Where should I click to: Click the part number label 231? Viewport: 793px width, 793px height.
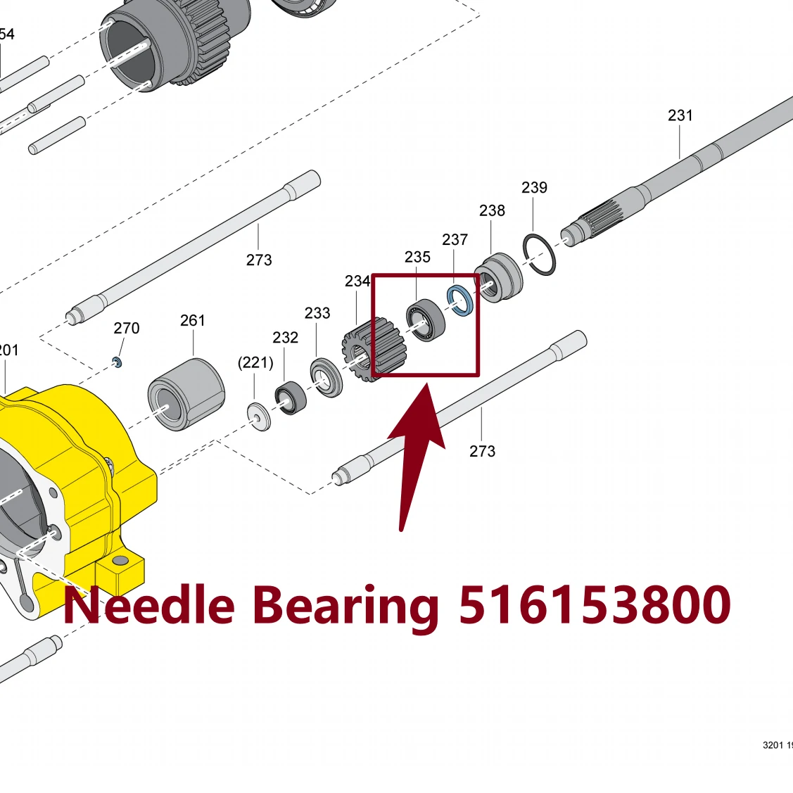(680, 115)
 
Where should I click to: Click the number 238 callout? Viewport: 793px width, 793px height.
(492, 210)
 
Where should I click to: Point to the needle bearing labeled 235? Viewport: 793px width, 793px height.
(426, 320)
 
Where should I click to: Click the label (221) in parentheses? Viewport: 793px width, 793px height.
(255, 362)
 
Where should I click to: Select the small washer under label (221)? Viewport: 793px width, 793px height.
(258, 417)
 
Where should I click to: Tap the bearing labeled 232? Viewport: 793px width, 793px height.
(291, 398)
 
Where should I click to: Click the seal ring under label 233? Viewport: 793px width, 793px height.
(326, 377)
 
